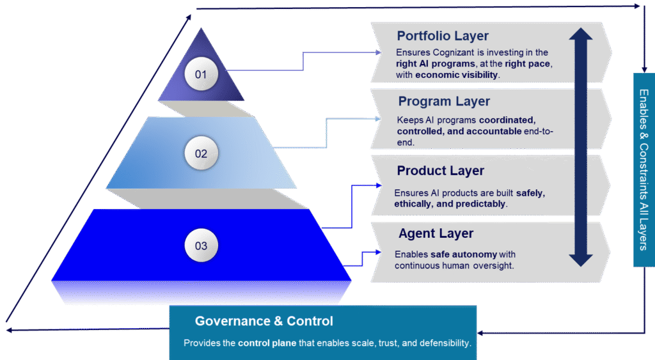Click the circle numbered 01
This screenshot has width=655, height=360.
pyautogui.click(x=201, y=75)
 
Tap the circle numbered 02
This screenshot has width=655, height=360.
pyautogui.click(x=201, y=153)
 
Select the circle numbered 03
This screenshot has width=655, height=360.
pyautogui.click(x=201, y=246)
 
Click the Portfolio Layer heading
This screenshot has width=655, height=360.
pyautogui.click(x=443, y=36)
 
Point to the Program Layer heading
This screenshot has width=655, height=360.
pyautogui.click(x=444, y=102)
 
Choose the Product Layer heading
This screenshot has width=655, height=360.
pyautogui.click(x=441, y=171)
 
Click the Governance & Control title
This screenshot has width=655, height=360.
pyautogui.click(x=264, y=321)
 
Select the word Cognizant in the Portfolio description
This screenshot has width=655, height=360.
pyautogui.click(x=457, y=52)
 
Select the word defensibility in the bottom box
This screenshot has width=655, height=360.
pyautogui.click(x=441, y=343)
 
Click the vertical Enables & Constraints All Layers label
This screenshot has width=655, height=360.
pyautogui.click(x=643, y=169)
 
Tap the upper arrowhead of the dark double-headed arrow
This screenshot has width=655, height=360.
pyautogui.click(x=580, y=36)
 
